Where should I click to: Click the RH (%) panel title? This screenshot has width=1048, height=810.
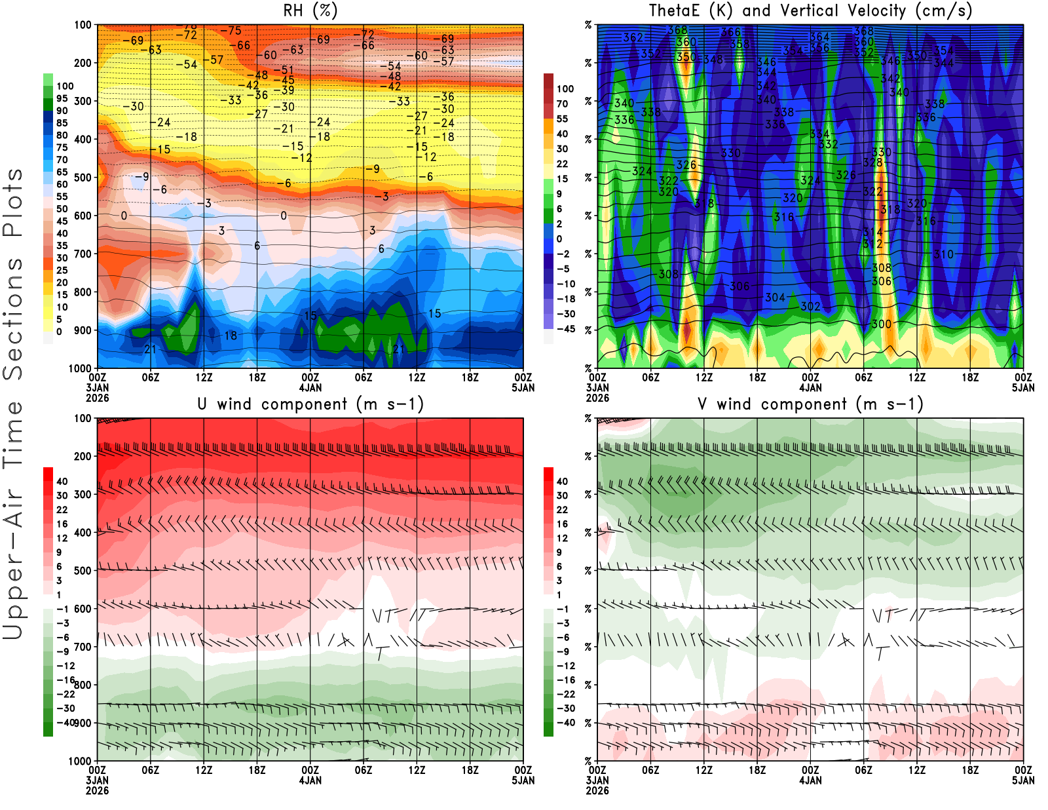pos(310,11)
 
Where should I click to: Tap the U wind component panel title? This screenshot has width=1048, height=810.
pos(310,404)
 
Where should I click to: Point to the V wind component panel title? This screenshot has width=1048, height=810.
pos(810,404)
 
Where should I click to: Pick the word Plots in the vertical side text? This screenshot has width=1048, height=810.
pos(13,202)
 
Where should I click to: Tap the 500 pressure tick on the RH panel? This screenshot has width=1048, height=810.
pos(83,178)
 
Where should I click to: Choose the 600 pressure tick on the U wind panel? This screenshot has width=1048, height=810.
pos(83,609)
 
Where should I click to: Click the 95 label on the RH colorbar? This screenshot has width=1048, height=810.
pos(62,99)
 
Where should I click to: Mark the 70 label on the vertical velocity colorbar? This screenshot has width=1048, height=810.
pos(562,104)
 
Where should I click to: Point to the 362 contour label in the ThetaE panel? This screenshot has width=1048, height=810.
pos(633,37)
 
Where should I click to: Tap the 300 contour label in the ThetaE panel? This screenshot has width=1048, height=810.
pos(881,324)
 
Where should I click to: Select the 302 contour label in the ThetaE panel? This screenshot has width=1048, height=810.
pos(810,307)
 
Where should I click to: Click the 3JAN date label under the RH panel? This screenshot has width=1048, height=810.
pos(97,388)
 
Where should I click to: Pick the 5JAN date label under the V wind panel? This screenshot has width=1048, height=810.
pos(1023,781)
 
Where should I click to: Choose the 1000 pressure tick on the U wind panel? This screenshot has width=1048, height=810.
pos(80,762)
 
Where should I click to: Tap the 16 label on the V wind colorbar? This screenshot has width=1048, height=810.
pos(562,524)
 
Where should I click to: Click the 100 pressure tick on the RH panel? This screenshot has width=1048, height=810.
pos(83,26)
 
